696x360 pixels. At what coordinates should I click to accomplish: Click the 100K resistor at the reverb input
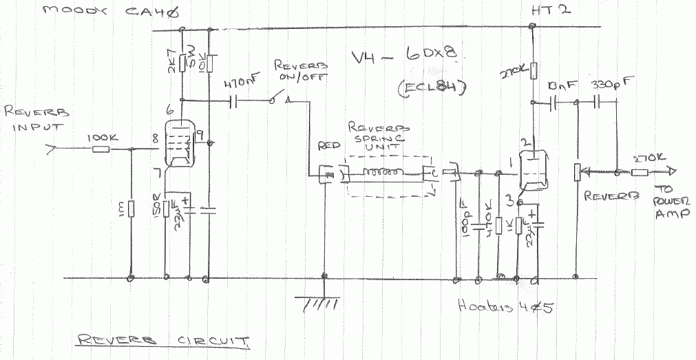click(x=101, y=148)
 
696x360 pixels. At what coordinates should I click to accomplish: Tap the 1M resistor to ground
click(x=131, y=208)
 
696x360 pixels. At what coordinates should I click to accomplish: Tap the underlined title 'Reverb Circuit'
click(x=163, y=340)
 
